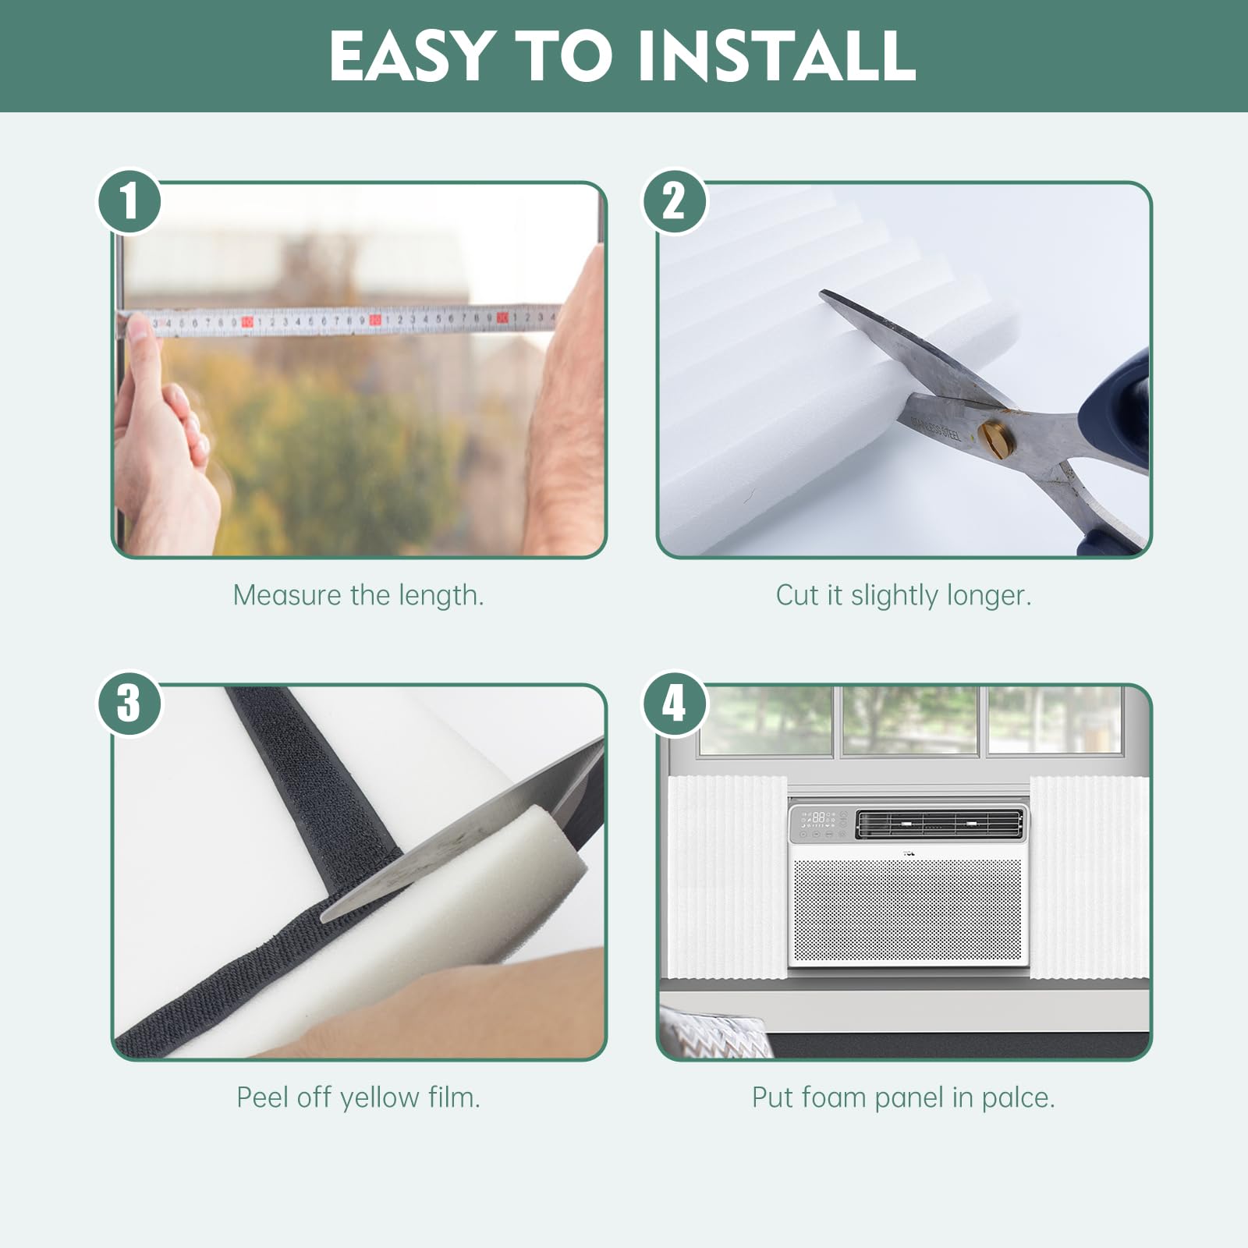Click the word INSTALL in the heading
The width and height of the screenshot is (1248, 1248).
776,55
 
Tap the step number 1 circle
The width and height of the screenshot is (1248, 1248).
129,201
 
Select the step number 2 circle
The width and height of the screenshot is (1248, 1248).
674,201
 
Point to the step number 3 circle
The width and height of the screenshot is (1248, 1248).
129,704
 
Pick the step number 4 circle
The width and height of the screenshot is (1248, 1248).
674,704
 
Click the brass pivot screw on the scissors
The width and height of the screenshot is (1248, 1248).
997,438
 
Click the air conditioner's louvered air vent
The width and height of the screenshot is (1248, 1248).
939,824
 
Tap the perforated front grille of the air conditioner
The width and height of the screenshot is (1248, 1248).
907,910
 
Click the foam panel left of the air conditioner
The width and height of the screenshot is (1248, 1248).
728,877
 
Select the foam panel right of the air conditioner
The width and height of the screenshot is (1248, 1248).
1089,877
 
